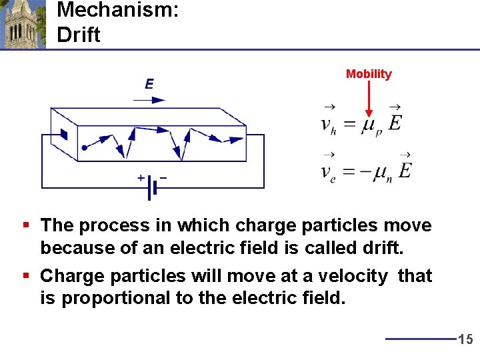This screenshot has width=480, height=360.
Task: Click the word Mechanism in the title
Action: (117, 11)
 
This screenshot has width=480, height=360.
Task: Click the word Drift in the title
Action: (79, 35)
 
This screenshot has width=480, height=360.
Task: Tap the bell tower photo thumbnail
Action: (23, 25)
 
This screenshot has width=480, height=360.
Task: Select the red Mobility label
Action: (369, 74)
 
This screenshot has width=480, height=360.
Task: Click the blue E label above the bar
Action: (149, 84)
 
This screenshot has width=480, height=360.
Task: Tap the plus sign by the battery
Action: (141, 178)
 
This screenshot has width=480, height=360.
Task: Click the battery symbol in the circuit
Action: (153, 187)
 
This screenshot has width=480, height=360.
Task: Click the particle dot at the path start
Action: (84, 148)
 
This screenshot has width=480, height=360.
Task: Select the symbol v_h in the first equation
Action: (329, 125)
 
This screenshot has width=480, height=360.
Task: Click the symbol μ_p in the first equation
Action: (371, 126)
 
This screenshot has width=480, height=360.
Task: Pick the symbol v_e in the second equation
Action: (329, 173)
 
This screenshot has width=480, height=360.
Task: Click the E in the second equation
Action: (404, 170)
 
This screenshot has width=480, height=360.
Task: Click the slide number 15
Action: (465, 340)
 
